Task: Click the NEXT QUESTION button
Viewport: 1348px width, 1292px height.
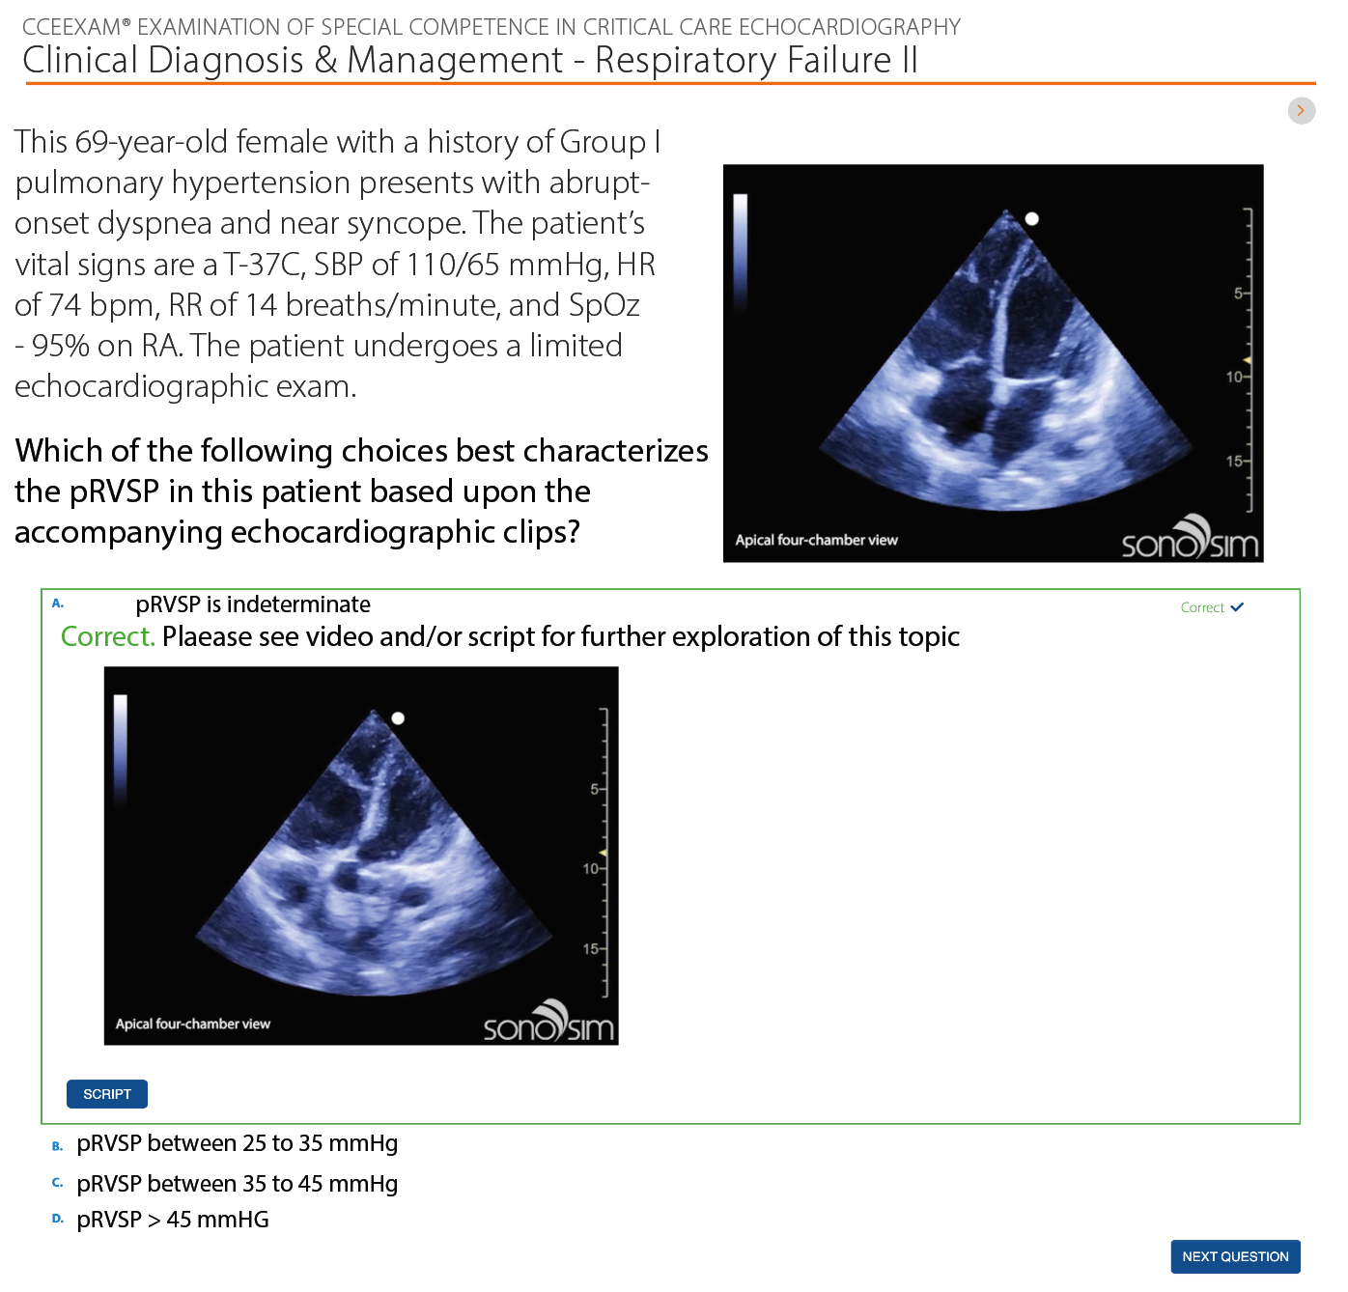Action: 1234,1256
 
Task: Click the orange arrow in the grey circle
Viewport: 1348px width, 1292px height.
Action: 1301,111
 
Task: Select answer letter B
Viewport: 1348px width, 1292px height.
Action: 58,1146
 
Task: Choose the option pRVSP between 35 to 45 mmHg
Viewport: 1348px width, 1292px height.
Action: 237,1183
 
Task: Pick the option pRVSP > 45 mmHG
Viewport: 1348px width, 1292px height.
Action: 173,1220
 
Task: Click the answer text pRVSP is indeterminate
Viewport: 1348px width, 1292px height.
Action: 253,604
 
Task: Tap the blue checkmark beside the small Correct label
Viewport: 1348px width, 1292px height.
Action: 1237,606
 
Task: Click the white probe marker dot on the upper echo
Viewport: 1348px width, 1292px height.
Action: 1031,219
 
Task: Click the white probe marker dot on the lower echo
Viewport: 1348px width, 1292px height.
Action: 398,718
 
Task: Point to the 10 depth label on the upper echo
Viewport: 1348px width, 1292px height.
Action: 1234,377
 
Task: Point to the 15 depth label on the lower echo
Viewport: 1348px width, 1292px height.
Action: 590,948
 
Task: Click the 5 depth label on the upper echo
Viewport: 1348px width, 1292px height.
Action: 1238,293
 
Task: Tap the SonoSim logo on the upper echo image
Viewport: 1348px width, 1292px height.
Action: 1190,537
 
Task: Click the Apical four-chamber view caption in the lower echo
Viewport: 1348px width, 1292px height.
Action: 192,1024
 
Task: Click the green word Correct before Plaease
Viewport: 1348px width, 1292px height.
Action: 107,636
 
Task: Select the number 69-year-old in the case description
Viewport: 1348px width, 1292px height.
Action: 151,142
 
